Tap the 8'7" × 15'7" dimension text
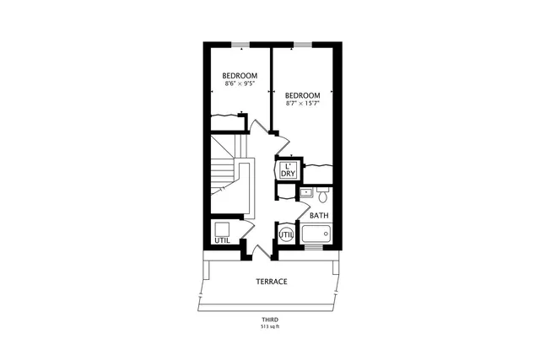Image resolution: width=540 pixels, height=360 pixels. click(301, 104)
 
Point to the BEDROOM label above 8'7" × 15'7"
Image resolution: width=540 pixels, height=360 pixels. click(301, 95)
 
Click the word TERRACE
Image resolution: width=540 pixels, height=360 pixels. click(271, 281)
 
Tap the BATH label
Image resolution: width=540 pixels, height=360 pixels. click(318, 216)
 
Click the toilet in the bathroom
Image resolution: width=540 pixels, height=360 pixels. click(321, 195)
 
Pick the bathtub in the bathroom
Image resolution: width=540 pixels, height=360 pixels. click(317, 234)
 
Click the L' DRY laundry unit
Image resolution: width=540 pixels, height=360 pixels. click(288, 169)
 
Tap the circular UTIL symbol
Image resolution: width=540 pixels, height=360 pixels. click(285, 234)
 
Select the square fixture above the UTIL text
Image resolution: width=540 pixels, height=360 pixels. click(222, 228)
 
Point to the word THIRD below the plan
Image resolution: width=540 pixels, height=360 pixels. click(270, 320)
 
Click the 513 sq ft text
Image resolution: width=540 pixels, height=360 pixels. click(270, 327)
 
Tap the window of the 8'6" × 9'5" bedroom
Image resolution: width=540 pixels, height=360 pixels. click(240, 44)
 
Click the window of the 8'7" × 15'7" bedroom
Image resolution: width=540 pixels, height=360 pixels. click(302, 44)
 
